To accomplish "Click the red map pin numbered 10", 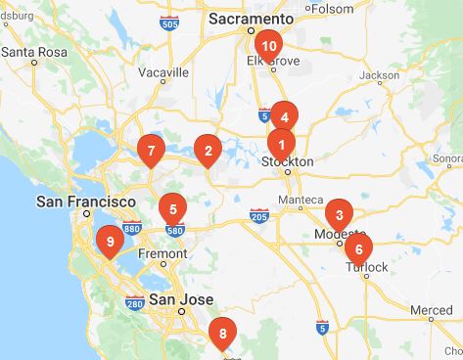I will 268,45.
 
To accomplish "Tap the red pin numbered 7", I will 150,151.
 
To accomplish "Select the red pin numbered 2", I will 208,151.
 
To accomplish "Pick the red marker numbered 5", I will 172,208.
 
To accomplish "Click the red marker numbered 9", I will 110,240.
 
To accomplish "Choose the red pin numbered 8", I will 223,336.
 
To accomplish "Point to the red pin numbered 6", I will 358,247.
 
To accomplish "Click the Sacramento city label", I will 253,19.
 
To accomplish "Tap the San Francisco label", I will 85,201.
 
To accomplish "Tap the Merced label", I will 431,310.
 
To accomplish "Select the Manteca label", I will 301,201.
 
